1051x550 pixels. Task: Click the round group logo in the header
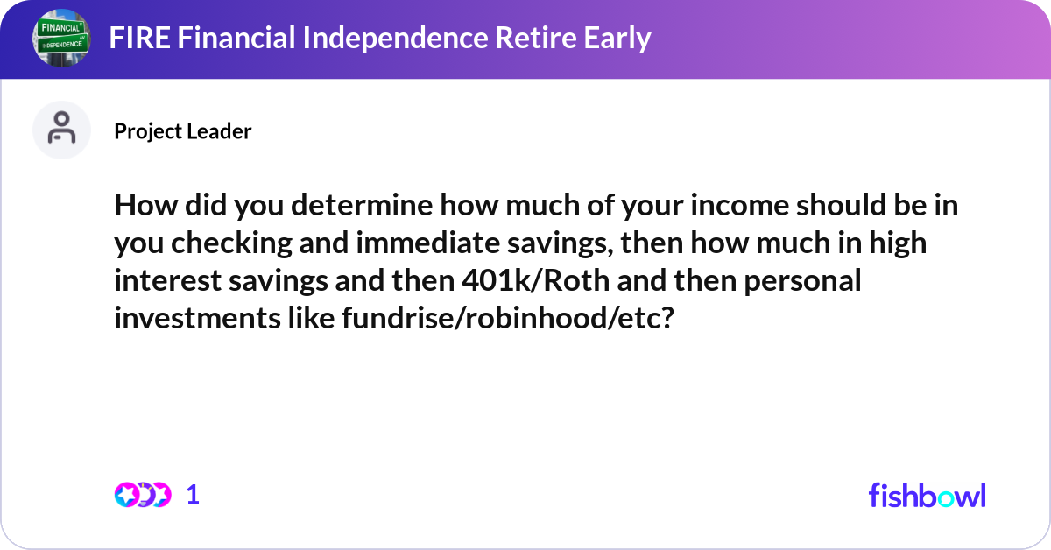coord(60,39)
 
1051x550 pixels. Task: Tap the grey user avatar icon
coord(61,130)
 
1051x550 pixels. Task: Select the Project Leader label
coord(182,131)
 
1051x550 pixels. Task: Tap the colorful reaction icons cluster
coord(142,495)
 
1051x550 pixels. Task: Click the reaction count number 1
coord(193,495)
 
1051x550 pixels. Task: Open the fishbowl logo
coord(927,495)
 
